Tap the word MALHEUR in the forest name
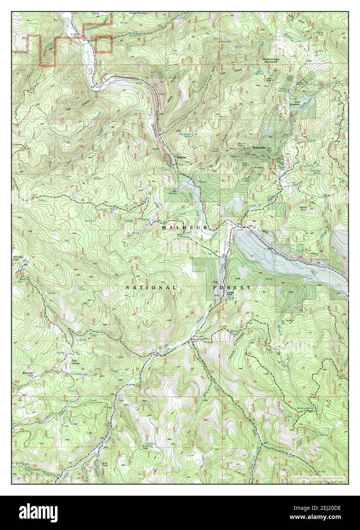point(184,227)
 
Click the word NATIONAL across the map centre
point(151,287)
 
